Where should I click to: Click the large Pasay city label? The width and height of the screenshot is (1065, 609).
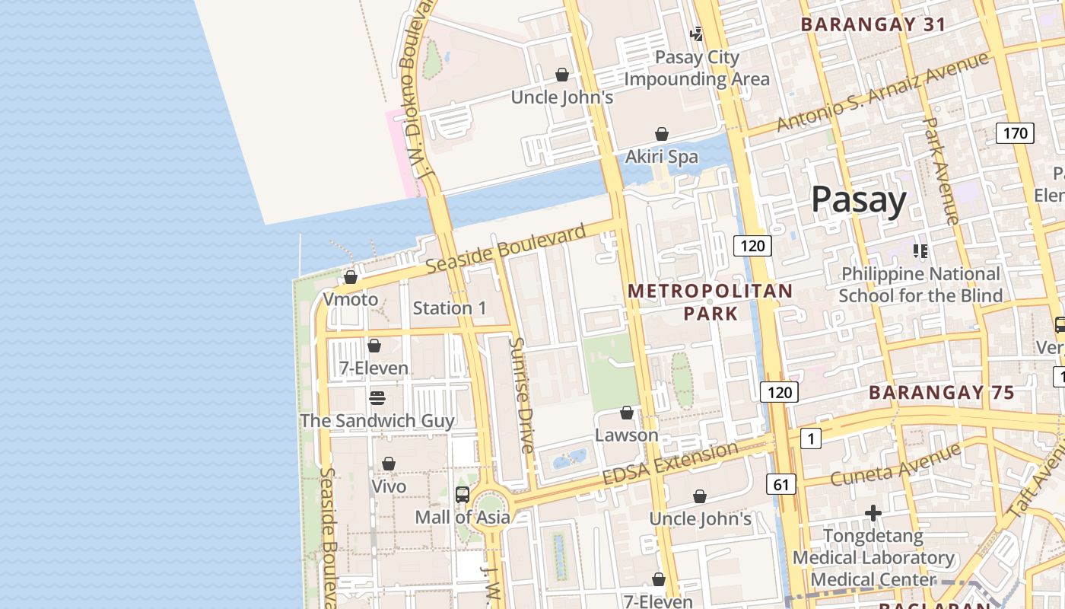point(858,199)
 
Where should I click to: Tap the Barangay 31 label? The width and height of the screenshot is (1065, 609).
point(873,24)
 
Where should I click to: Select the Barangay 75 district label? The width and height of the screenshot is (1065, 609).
point(942,393)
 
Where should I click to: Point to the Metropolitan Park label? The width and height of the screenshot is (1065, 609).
point(711,301)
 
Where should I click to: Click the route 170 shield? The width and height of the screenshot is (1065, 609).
point(1015,133)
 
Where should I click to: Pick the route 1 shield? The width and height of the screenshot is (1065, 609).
point(811,438)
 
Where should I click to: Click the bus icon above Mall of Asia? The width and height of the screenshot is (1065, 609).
point(463,494)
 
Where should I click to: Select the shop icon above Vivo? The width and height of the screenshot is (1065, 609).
point(389,464)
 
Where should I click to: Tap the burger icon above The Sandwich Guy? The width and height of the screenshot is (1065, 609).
point(377,398)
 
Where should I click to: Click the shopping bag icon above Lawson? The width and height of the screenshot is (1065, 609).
point(627,413)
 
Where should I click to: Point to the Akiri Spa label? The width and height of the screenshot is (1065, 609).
point(661,157)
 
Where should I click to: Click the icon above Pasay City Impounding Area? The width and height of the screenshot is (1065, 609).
point(696,33)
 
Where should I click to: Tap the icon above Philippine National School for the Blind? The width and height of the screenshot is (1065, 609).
point(920,250)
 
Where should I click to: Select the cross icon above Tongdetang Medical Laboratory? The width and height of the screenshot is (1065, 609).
point(873,513)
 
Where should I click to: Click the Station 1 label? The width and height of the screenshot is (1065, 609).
point(450,308)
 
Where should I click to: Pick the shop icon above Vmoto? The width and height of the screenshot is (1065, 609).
point(351,277)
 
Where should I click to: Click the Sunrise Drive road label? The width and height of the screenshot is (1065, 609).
point(522,395)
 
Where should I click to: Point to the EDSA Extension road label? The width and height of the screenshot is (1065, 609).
point(669,463)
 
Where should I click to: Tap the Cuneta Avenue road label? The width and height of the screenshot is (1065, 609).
point(895,465)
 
